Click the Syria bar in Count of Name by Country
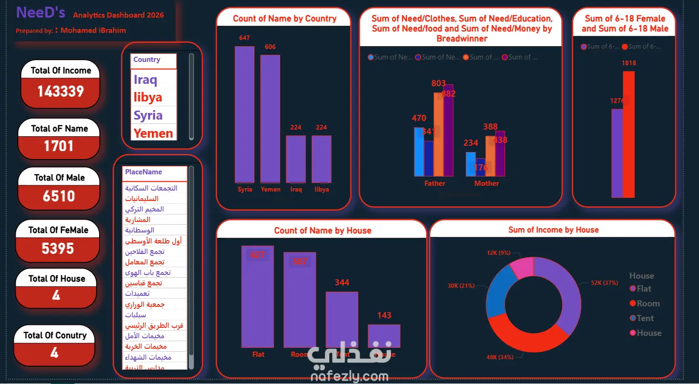tap(244, 114)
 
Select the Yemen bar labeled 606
tap(270, 119)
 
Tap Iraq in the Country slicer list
tap(145, 79)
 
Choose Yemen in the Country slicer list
tap(153, 133)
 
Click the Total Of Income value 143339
tap(61, 91)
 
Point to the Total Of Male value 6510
tap(59, 196)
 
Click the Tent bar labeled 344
tap(342, 319)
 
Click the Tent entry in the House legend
tap(645, 318)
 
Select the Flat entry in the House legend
tap(644, 289)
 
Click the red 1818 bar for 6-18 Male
tap(628, 134)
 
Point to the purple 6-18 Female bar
tap(617, 153)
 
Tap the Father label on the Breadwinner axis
tap(435, 183)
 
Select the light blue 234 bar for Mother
tap(470, 164)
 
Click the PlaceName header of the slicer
tap(143, 172)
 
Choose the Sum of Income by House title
tap(553, 230)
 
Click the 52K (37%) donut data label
tap(604, 283)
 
